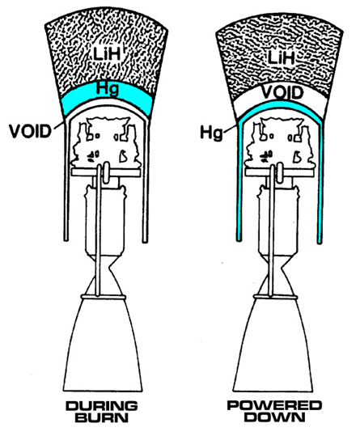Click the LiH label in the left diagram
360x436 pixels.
coord(107,53)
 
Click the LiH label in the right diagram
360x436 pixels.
coord(281,57)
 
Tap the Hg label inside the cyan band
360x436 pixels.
coord(107,89)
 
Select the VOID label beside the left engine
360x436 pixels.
coord(30,131)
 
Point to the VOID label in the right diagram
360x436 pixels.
coord(282,93)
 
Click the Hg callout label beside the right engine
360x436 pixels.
coord(212,133)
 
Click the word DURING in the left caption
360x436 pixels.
coord(102,406)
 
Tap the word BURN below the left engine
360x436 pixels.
coord(102,417)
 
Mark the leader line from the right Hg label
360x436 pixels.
coord(231,129)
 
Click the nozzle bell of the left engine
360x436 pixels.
coord(103,345)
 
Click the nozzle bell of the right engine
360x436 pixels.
coord(273,345)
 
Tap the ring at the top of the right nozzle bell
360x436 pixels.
coord(275,297)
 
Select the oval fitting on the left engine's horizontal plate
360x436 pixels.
coord(107,173)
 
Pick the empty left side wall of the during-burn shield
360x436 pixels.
coord(66,180)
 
